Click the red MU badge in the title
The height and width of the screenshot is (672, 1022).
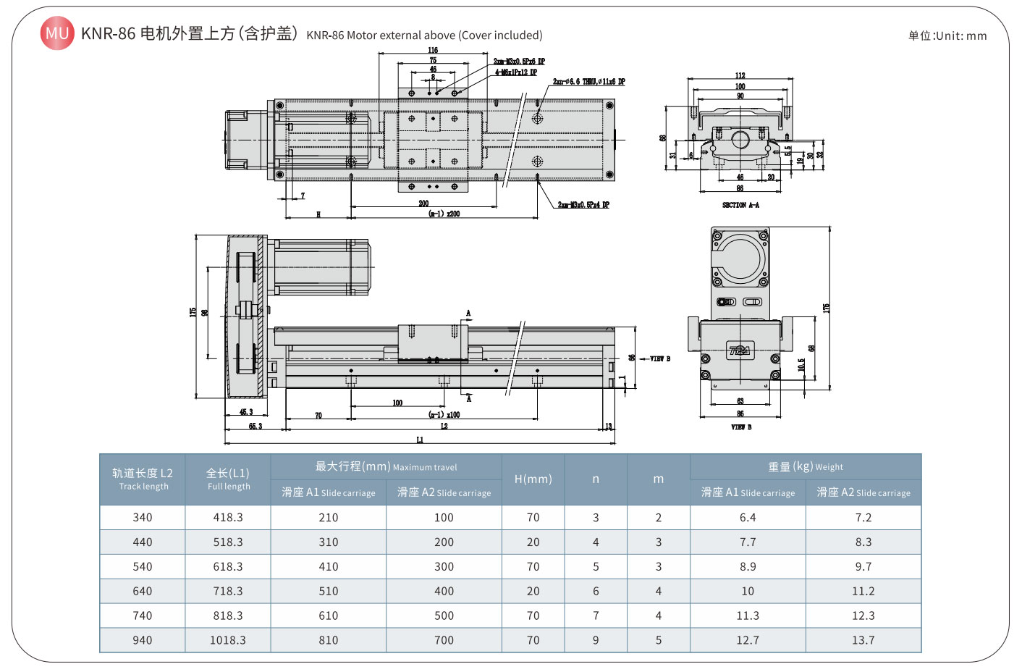56,33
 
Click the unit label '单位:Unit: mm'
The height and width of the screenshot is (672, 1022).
947,35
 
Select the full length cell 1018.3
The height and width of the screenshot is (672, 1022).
228,640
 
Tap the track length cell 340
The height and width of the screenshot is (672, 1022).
143,517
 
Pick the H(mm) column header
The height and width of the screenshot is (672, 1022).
533,479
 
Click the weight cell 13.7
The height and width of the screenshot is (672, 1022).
863,640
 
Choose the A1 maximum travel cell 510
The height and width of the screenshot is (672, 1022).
329,591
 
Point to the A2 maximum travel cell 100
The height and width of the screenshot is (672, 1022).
444,517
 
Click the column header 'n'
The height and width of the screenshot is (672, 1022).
596,479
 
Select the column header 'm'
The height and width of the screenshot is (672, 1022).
659,479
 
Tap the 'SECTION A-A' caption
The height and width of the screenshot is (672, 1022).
740,205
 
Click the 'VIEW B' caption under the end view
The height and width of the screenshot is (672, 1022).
741,427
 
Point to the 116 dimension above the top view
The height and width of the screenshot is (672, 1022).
433,50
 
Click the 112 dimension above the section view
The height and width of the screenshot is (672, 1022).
740,75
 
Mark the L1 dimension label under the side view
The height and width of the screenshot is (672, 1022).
420,440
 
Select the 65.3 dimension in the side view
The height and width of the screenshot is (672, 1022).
255,427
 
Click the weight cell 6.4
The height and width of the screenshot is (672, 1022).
748,517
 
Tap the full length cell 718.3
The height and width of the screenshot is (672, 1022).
228,591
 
